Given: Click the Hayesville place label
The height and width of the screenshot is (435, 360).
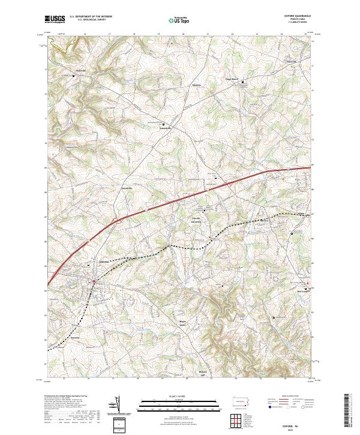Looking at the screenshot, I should [x=130, y=188].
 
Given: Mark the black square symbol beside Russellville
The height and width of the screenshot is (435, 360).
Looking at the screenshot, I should [x=149, y=124].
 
